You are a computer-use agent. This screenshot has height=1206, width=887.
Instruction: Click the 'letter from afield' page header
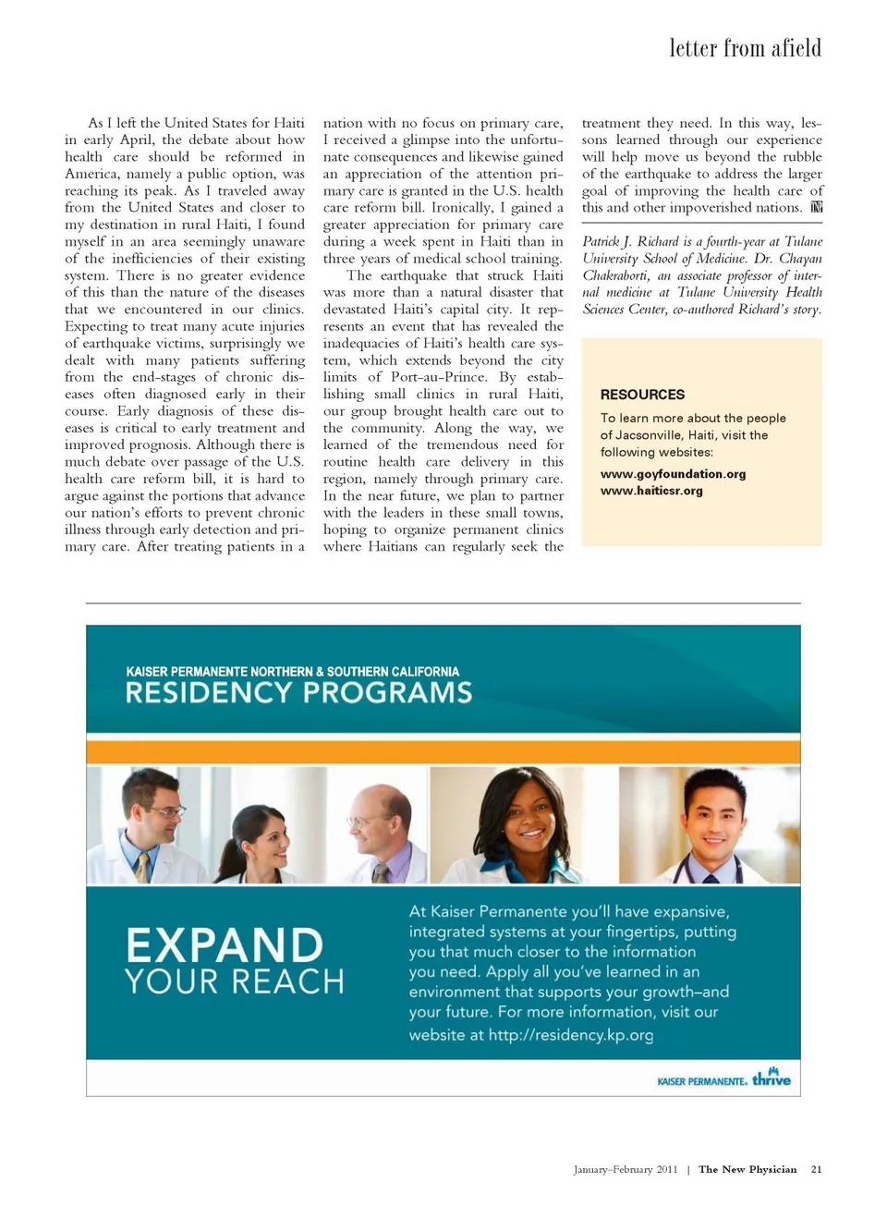pyautogui.click(x=745, y=48)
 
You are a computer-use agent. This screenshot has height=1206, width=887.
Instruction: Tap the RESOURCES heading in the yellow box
pyautogui.click(x=642, y=395)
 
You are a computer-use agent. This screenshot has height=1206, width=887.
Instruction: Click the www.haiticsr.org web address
pyautogui.click(x=651, y=491)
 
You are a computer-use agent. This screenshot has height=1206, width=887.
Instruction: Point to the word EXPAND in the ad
pyautogui.click(x=225, y=945)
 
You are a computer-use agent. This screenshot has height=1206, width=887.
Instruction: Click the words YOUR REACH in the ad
pyautogui.click(x=235, y=981)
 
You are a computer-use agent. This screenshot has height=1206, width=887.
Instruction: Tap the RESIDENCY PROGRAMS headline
pyautogui.click(x=298, y=693)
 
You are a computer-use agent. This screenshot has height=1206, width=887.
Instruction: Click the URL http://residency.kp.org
pyautogui.click(x=570, y=1035)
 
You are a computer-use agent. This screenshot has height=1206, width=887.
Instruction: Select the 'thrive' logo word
pyautogui.click(x=772, y=1078)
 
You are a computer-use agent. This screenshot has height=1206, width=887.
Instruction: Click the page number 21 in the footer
pyautogui.click(x=816, y=1169)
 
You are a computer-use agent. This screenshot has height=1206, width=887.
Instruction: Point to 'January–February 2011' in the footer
pyautogui.click(x=625, y=1169)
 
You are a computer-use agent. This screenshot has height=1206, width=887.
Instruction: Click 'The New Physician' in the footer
pyautogui.click(x=747, y=1169)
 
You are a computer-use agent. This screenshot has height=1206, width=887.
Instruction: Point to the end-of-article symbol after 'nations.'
pyautogui.click(x=816, y=207)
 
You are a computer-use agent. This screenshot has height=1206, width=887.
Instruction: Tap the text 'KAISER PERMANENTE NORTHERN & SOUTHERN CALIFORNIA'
pyautogui.click(x=292, y=672)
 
